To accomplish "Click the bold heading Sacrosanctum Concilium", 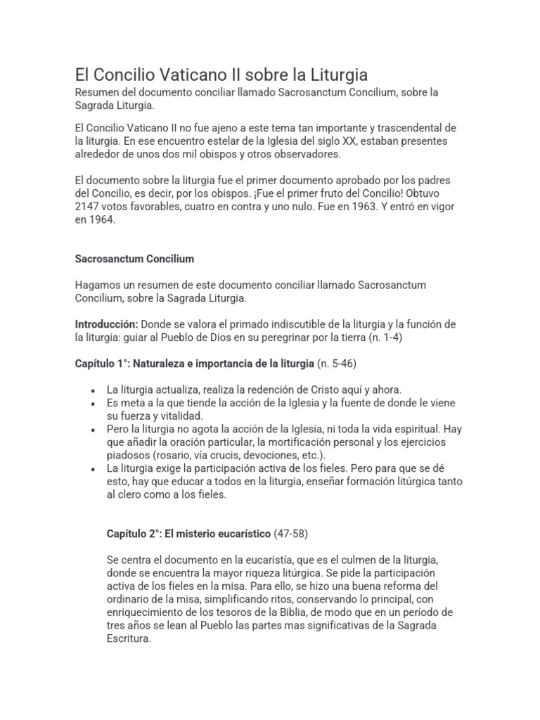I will point(134,259).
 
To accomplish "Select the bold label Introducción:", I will point(106,324).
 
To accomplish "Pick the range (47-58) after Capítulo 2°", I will point(290,534).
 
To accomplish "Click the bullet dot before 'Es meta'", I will point(94,403).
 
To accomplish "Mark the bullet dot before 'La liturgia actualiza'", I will point(94,390).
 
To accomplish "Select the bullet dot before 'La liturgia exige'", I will point(94,468).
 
